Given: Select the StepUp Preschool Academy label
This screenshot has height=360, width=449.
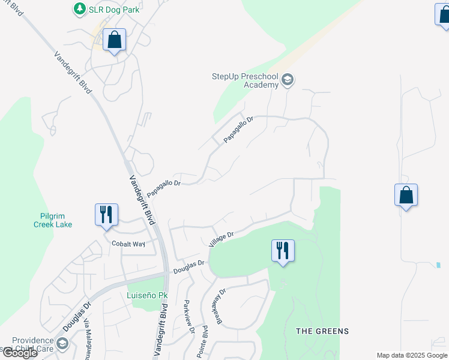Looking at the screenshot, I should [245, 80].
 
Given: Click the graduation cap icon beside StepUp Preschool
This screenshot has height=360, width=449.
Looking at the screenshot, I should [288, 80].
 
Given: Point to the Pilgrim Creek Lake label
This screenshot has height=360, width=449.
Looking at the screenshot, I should [53, 220].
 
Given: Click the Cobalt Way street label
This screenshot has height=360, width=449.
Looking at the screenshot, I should [128, 244].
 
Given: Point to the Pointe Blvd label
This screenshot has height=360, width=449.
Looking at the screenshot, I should [205, 340].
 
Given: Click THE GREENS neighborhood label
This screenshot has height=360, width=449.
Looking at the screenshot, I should [322, 331].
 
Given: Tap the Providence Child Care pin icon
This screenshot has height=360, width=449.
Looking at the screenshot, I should [63, 344].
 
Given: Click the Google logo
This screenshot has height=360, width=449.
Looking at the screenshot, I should [19, 353].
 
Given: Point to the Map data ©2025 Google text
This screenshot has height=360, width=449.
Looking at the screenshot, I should [412, 355].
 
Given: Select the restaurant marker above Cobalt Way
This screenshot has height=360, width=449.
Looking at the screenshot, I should [106, 215].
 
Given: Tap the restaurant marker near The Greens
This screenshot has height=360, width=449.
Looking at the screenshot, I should [282, 250].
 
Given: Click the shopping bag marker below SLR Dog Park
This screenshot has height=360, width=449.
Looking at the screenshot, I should [114, 40].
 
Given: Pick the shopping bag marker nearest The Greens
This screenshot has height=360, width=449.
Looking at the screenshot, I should [406, 196].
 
